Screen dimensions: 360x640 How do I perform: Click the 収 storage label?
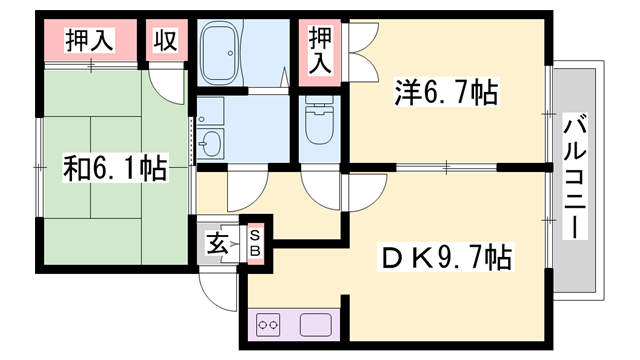[x=166, y=41]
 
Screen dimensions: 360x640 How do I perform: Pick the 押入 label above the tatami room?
[x=90, y=41]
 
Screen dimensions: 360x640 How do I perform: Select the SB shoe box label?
[x=254, y=241]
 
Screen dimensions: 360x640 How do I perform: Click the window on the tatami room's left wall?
[x=38, y=160]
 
